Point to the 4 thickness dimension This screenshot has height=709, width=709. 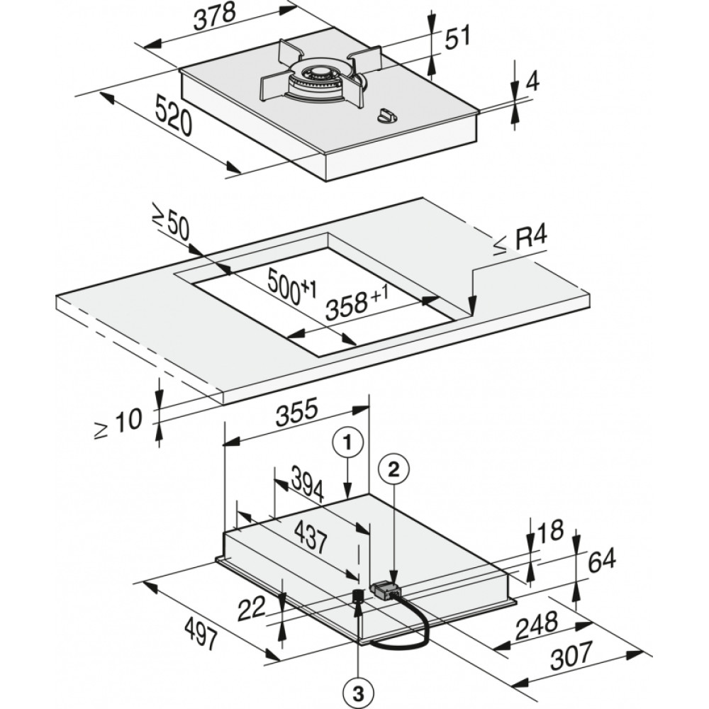pyautogui.click(x=532, y=82)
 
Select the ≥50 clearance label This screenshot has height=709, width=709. pyautogui.click(x=169, y=226)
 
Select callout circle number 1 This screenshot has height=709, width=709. pyautogui.click(x=347, y=444)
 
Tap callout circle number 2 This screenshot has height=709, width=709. pyautogui.click(x=394, y=467)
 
